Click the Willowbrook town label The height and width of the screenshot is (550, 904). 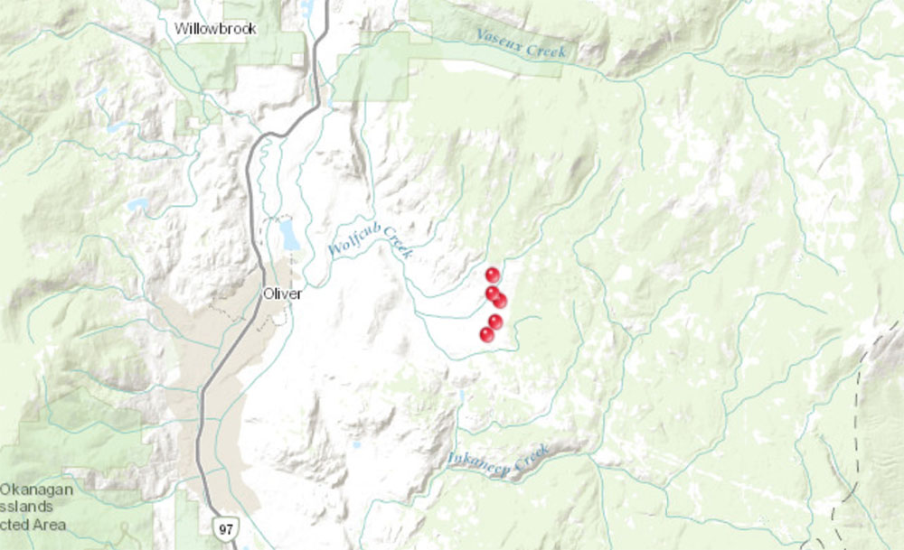[216, 29]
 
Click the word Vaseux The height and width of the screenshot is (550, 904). [500, 40]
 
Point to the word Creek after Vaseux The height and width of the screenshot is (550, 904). [547, 50]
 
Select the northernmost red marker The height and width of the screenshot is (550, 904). [493, 275]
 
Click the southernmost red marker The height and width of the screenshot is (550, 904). [487, 334]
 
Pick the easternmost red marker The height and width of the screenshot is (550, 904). [500, 300]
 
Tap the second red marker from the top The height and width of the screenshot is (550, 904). [492, 293]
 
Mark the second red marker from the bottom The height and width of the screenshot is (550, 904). [495, 321]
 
